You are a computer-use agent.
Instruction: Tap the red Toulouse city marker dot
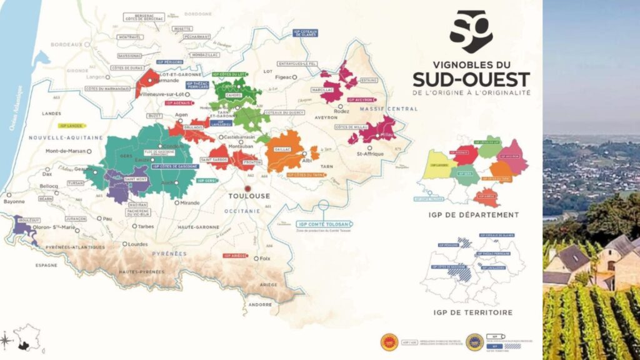point(248,188)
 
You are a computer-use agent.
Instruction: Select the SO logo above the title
point(471,32)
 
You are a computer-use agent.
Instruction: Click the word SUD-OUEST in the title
point(471,80)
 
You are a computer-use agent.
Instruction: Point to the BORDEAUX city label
point(67,45)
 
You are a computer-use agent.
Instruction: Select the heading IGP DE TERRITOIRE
point(472,312)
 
